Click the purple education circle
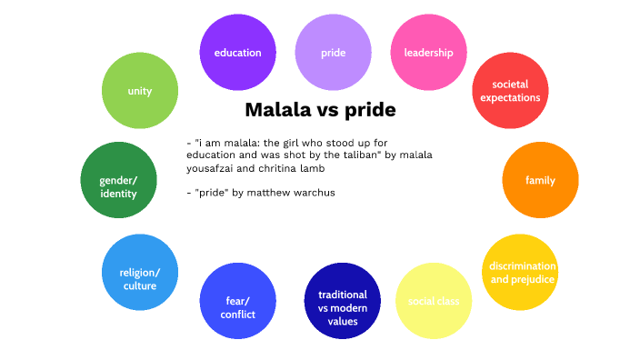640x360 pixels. click(237, 53)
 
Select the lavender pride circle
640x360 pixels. click(333, 53)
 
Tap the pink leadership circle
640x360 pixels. click(428, 53)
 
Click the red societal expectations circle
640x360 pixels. click(510, 91)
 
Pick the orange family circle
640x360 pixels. click(540, 180)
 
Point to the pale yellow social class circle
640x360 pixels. click(434, 301)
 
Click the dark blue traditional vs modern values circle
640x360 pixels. click(343, 301)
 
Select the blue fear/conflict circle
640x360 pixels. click(237, 301)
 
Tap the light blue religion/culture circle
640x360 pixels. click(139, 272)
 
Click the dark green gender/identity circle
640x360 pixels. click(118, 180)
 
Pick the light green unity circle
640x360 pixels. click(139, 91)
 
